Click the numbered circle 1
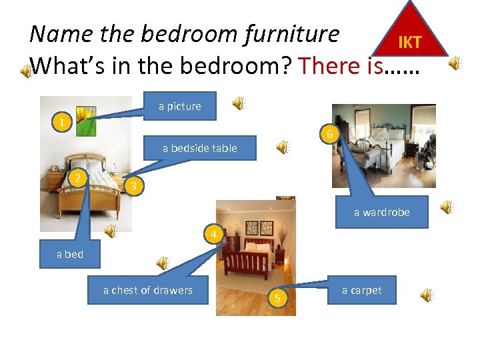click(61, 123)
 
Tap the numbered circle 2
click(79, 177)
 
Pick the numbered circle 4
click(213, 235)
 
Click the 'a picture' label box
click(180, 106)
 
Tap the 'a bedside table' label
click(199, 148)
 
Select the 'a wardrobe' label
click(381, 212)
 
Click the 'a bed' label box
click(70, 254)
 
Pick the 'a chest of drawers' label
click(147, 290)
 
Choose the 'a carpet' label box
click(361, 290)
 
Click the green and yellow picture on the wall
click(86, 121)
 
